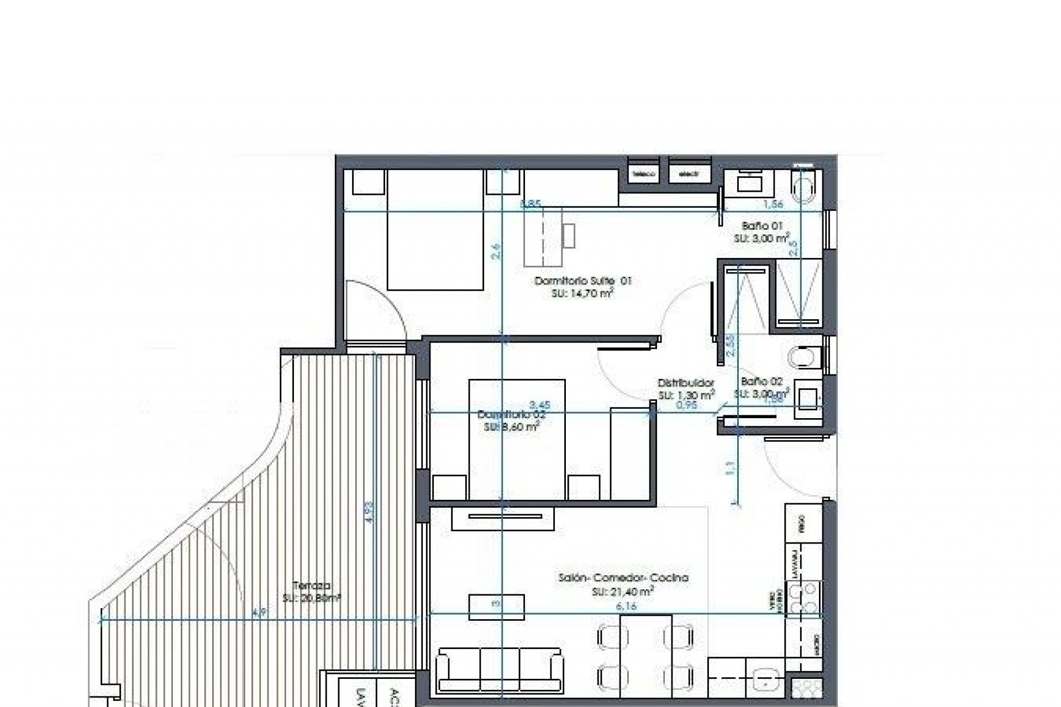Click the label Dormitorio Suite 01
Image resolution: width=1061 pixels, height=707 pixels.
[x=582, y=281]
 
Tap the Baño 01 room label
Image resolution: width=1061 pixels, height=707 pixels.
[x=762, y=226]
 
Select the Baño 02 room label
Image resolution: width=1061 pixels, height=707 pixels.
[x=761, y=382]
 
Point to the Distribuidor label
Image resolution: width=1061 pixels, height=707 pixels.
[x=686, y=383]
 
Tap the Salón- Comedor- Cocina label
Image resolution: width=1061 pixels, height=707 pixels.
[x=623, y=578]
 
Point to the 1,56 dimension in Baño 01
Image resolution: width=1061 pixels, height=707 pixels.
[x=773, y=204]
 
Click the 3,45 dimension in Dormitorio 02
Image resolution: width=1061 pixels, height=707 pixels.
[x=539, y=405]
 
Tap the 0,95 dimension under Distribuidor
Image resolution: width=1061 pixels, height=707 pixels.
[x=687, y=405]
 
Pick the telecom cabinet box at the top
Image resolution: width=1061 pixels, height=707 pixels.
[x=644, y=173]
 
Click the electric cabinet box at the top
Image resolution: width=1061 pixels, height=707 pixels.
[x=689, y=173]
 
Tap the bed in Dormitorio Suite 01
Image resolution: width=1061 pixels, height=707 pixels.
[x=435, y=230]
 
